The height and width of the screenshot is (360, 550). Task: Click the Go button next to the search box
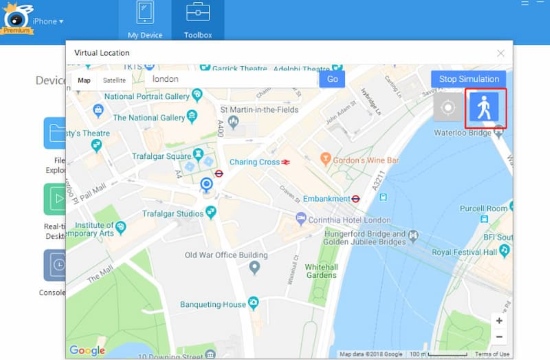coord(332,79)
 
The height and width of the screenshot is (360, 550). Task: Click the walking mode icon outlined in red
coord(487,108)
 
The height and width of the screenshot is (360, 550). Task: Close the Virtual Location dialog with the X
coord(500,52)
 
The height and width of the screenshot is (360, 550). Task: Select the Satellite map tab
coord(114,79)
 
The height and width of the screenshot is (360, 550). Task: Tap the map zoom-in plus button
coord(499,321)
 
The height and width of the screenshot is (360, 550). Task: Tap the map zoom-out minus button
coord(499,337)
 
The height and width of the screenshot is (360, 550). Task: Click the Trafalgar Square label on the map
coord(164,157)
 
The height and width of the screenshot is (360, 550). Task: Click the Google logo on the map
coord(87,349)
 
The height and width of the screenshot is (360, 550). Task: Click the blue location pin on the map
coord(207,185)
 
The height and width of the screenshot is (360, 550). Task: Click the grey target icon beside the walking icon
coord(449,108)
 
